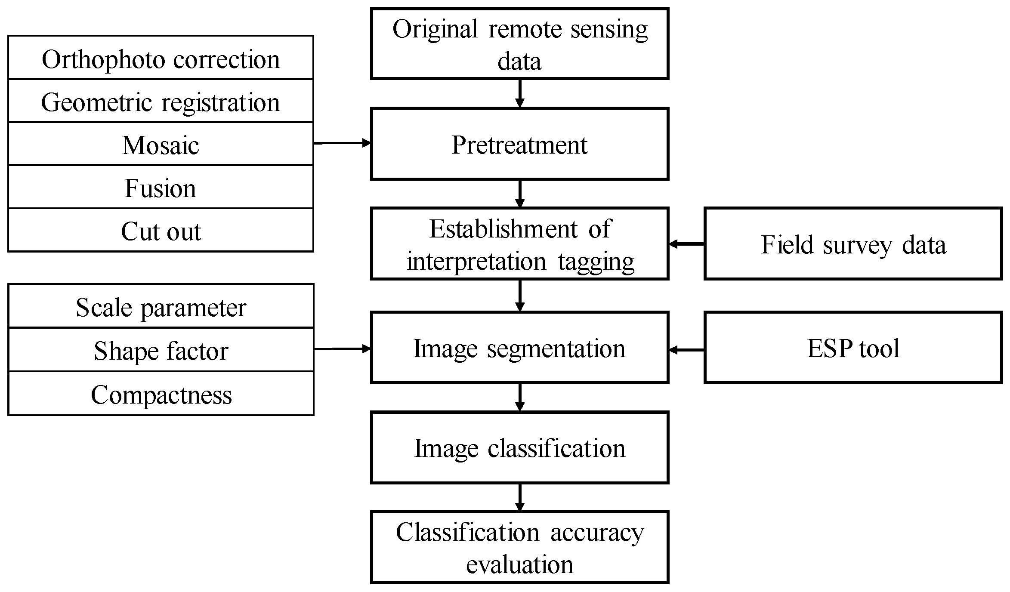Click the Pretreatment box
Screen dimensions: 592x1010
pos(519,144)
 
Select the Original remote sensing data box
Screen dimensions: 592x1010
pos(519,43)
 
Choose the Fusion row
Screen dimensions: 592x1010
pos(161,187)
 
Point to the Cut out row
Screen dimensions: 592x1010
pos(161,230)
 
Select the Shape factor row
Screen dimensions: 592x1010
pos(161,350)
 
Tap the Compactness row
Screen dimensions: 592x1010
pos(161,394)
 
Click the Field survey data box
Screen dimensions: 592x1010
pos(853,244)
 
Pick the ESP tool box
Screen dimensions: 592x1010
pos(853,348)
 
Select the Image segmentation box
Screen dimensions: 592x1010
pos(519,348)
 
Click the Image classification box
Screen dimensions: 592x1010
pos(519,447)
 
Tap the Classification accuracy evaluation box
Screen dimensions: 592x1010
pos(519,547)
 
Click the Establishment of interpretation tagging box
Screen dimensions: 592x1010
pos(519,244)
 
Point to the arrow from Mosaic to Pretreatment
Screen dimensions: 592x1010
pos(342,143)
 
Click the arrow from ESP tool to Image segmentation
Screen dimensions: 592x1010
pos(687,350)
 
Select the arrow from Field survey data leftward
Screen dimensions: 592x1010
pos(687,244)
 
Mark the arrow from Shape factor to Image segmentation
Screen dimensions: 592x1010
pos(342,349)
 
